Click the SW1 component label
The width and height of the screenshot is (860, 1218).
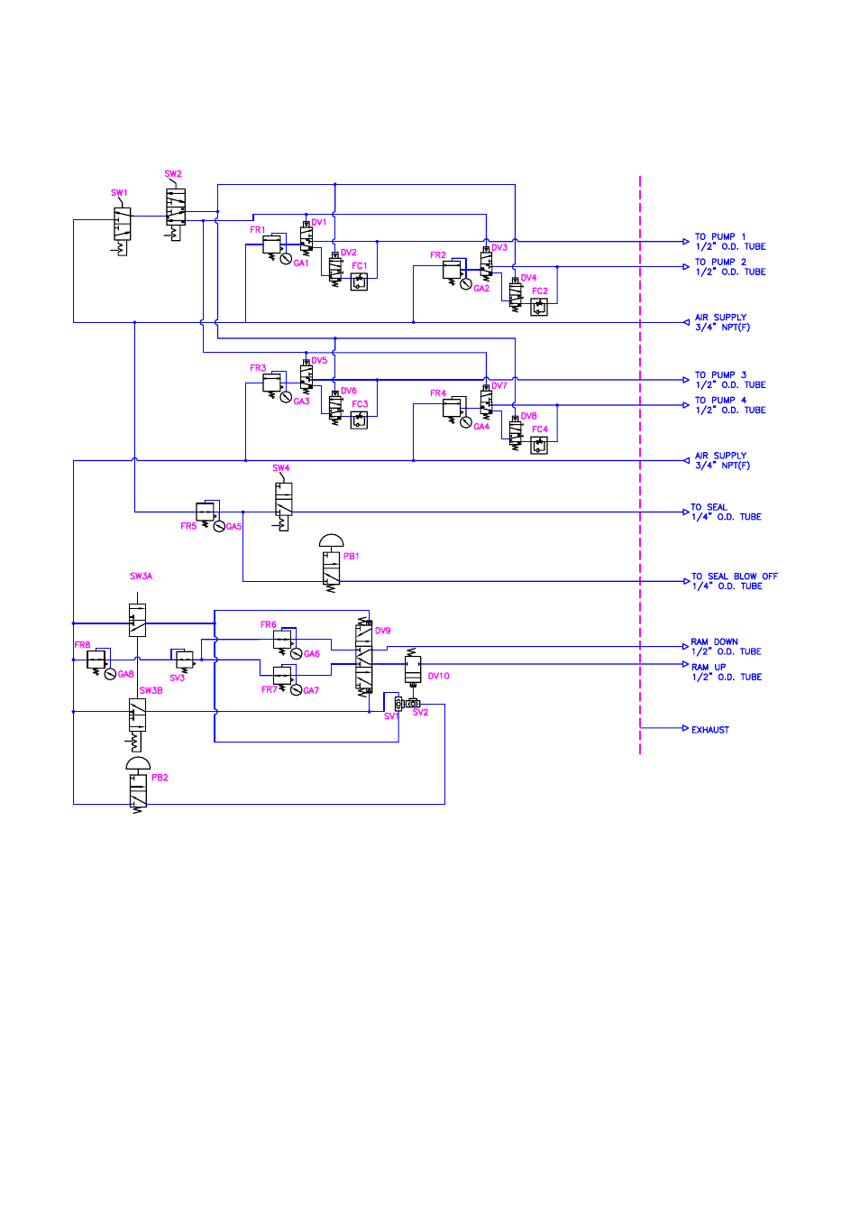click(119, 193)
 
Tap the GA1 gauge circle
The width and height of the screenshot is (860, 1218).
click(286, 259)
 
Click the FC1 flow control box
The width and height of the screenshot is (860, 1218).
click(359, 281)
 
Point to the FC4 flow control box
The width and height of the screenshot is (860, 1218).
click(539, 446)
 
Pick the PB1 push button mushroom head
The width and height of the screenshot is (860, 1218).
click(332, 540)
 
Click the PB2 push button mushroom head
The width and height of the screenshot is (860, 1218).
click(138, 762)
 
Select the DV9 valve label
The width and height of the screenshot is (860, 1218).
click(382, 631)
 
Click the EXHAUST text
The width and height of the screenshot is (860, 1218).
click(710, 730)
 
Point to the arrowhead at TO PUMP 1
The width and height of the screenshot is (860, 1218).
click(686, 242)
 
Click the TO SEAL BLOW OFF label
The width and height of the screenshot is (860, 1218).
click(735, 577)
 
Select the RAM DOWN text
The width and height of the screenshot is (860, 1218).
click(714, 642)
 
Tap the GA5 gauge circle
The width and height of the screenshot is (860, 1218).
click(219, 526)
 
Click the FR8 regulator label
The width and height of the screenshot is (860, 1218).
click(83, 645)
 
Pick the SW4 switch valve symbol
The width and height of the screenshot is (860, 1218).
click(283, 503)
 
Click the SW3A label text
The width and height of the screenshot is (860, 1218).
click(142, 577)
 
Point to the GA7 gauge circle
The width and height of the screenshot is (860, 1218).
click(296, 690)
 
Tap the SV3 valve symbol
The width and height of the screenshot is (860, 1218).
click(183, 660)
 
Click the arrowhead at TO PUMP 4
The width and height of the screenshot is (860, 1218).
click(686, 405)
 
